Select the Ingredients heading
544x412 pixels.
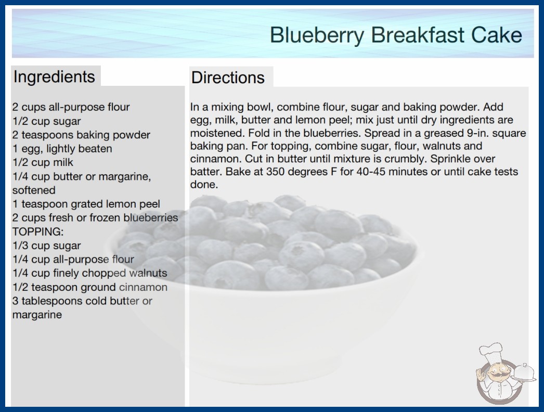coord(54,77)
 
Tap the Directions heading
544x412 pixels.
coord(228,78)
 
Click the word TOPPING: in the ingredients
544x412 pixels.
coord(38,231)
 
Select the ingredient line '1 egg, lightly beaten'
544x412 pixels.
coord(62,149)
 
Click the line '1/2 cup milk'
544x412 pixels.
coord(43,162)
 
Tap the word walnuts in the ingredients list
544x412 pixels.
coord(148,273)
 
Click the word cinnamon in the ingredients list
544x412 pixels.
coord(144,287)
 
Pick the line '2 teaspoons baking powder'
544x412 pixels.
coord(81,135)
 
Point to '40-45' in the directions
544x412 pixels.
coord(371,172)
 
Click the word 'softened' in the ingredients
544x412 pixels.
coord(34,190)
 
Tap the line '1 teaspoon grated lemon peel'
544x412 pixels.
coord(86,204)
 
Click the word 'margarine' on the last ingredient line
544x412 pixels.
coord(37,315)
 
